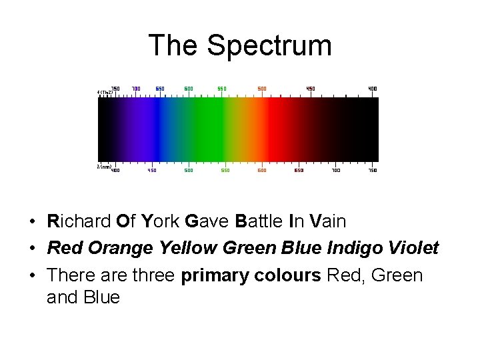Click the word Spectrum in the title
(x=269, y=45)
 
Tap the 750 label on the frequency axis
(x=115, y=88)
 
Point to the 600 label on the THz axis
(x=189, y=88)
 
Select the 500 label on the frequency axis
(x=262, y=88)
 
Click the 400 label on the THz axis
(x=372, y=88)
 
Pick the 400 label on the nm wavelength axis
(x=115, y=170)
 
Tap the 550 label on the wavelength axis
(x=225, y=170)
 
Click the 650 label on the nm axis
(x=299, y=170)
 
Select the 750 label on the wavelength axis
(x=372, y=170)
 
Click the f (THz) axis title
(x=104, y=92)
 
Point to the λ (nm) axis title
(x=103, y=167)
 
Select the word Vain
(x=329, y=221)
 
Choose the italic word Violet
(x=415, y=248)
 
